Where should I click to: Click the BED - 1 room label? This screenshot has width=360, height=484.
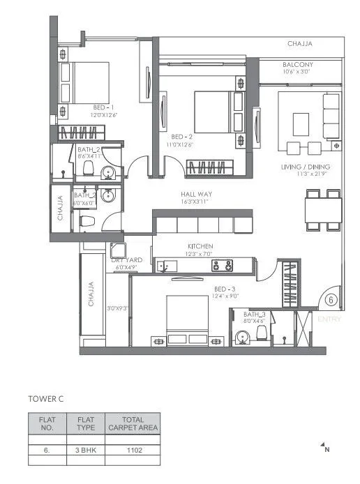(x=103, y=107)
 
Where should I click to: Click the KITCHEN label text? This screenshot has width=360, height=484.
(x=200, y=246)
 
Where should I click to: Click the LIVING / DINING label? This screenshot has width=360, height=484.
(x=313, y=167)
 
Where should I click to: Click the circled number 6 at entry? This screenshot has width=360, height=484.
(x=331, y=300)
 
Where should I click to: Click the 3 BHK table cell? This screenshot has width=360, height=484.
(x=86, y=451)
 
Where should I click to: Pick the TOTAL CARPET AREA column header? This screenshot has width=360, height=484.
(x=133, y=423)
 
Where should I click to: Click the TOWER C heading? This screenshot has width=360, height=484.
(x=46, y=399)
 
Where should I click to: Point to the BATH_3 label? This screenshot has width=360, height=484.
(x=255, y=315)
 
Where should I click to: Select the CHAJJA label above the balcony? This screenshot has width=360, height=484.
(x=300, y=44)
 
